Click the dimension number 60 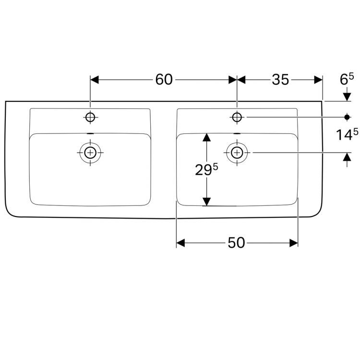(164, 80)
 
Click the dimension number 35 (280, 80)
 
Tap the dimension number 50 (236, 243)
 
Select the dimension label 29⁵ (206, 169)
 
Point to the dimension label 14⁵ (347, 134)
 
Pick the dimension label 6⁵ (347, 79)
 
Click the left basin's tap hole (90, 117)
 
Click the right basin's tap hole (237, 117)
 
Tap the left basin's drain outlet (90, 153)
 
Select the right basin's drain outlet (237, 153)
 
